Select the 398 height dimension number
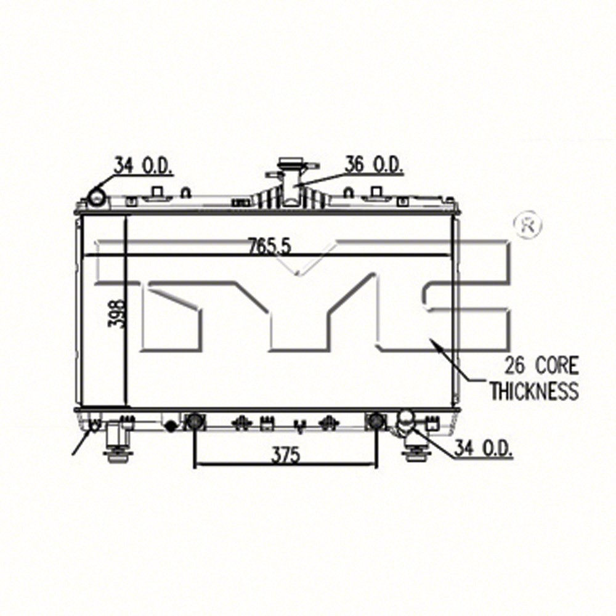[119, 314]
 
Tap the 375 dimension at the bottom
[284, 455]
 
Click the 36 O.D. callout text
[373, 165]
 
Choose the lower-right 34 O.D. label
[484, 449]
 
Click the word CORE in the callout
[557, 366]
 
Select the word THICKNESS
[534, 391]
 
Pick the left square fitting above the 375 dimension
[195, 421]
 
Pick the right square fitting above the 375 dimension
[375, 421]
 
